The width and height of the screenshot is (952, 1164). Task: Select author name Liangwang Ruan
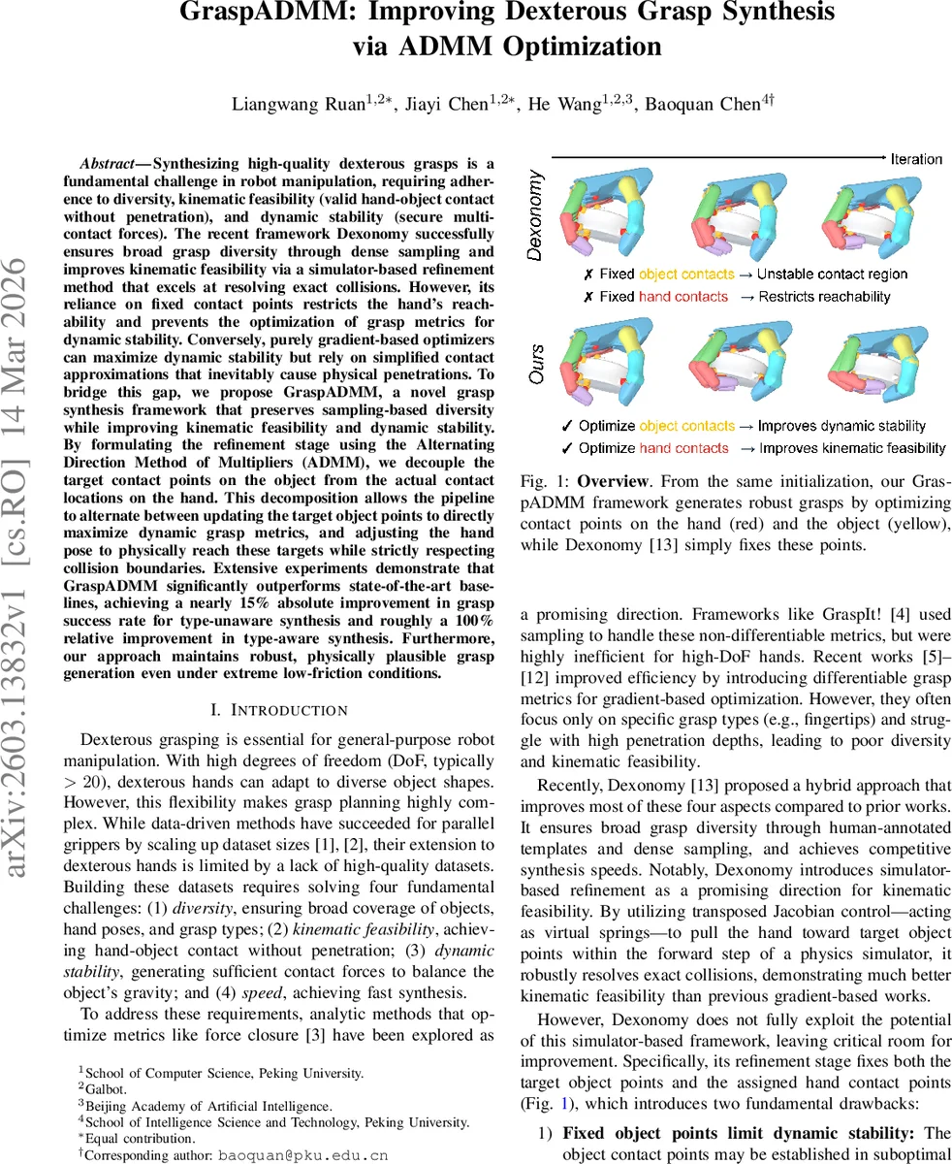280,104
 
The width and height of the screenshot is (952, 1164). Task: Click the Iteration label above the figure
915,158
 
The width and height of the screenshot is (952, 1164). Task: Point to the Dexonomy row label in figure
535,214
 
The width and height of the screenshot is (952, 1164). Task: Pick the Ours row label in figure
535,367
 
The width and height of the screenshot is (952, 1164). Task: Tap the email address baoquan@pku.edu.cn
303,1154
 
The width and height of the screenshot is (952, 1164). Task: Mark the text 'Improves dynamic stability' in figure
841,426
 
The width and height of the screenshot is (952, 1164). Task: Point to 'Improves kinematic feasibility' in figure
851,448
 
